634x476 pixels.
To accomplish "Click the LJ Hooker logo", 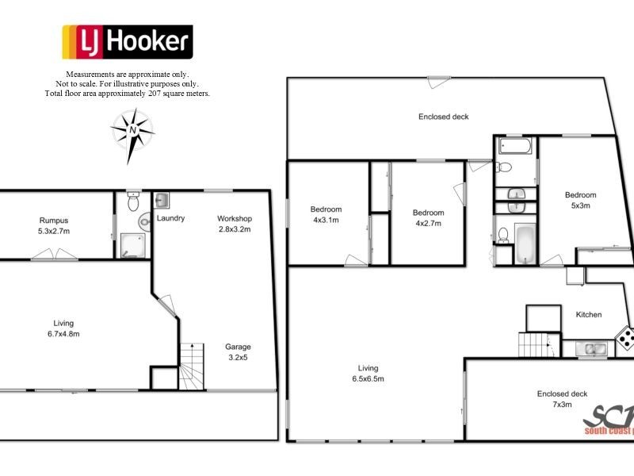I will pos(127,42).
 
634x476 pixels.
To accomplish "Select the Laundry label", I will pos(171,218).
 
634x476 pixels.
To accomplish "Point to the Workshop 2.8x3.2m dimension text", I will pos(235,229).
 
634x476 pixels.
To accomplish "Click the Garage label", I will pos(238,347).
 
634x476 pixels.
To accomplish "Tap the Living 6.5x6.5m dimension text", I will pos(368,378).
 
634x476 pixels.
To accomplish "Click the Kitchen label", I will pos(588,315).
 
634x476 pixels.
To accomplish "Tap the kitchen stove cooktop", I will pos(625,340).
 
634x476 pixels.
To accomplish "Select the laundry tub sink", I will pos(161,199).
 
